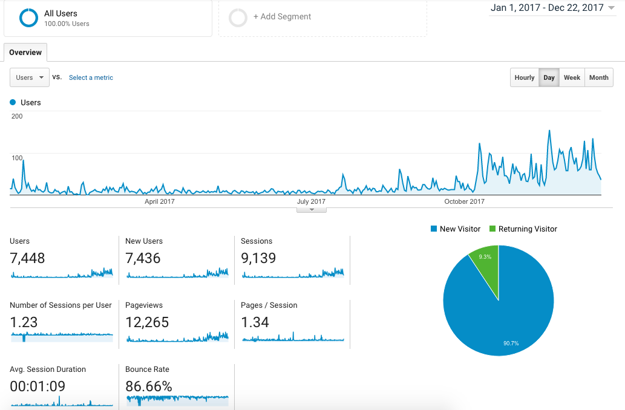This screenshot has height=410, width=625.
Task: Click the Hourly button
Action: click(525, 77)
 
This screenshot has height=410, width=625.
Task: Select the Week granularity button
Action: click(572, 77)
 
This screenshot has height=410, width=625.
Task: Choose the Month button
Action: click(598, 77)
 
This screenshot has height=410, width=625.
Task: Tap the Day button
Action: click(549, 77)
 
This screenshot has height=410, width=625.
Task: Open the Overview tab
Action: click(25, 53)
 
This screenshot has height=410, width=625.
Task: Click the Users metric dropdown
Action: click(30, 77)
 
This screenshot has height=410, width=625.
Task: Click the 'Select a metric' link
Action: click(91, 77)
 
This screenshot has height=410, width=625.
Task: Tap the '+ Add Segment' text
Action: click(282, 17)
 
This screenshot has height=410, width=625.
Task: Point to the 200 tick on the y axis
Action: click(17, 116)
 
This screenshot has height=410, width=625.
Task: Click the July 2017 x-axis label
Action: click(312, 201)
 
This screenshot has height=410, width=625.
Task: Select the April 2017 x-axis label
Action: click(160, 201)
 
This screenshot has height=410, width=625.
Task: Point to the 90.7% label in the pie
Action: click(511, 343)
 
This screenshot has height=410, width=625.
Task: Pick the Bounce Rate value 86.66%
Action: click(149, 386)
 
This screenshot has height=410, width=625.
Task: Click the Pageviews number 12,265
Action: click(147, 322)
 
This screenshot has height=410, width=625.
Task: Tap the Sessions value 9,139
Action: click(258, 258)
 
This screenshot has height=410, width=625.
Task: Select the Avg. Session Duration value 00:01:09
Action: click(38, 386)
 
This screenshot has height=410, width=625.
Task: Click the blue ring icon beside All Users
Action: click(28, 18)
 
